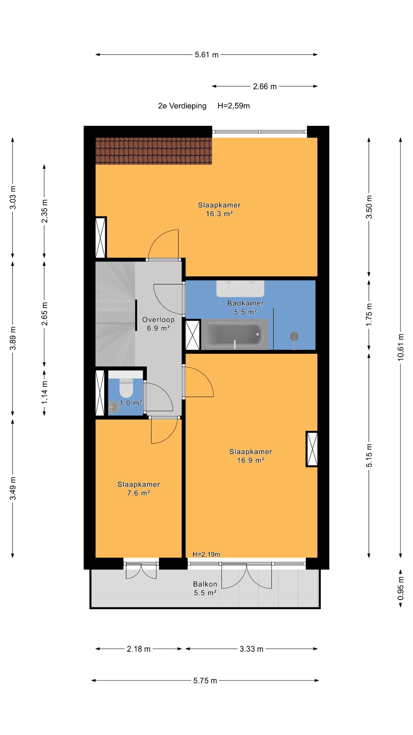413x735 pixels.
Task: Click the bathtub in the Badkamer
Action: tap(235, 334)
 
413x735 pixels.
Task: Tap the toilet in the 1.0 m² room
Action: tap(126, 385)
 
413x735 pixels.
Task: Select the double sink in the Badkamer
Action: tap(240, 289)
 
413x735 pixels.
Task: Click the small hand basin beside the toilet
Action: tap(114, 407)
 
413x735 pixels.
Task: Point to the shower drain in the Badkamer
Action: tap(294, 336)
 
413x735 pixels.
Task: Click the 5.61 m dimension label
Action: tap(206, 55)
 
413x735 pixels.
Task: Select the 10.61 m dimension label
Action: tap(401, 347)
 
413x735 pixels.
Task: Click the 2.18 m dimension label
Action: tap(139, 649)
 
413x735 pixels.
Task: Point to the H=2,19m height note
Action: tap(206, 554)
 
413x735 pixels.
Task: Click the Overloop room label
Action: tap(158, 320)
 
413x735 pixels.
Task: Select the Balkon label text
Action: tap(205, 584)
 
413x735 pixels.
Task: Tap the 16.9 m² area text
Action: tap(251, 460)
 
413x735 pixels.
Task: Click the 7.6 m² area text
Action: tap(139, 493)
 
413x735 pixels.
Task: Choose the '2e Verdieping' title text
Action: tap(182, 106)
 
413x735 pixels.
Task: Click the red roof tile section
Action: tap(154, 151)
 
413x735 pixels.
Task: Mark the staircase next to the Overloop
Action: tap(115, 314)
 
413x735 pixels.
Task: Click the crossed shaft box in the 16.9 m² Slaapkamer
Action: tap(312, 449)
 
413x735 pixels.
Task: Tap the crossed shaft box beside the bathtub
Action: tap(193, 335)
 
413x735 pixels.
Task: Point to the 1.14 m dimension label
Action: tap(44, 392)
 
